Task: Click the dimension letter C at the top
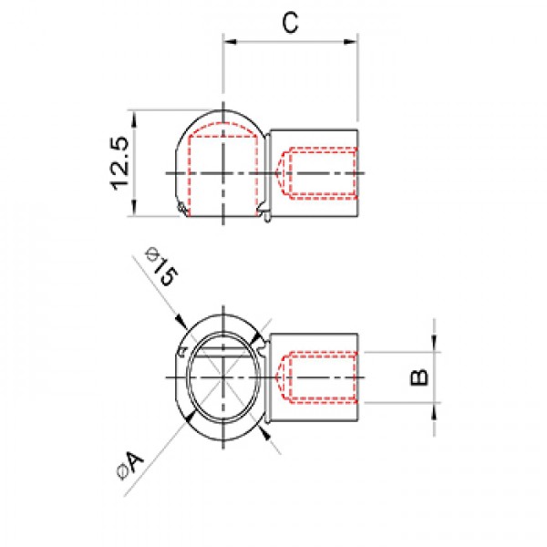(x=290, y=23)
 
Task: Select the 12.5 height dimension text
(x=119, y=163)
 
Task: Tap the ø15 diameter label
(x=162, y=266)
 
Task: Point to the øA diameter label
(x=130, y=465)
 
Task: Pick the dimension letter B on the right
(x=419, y=377)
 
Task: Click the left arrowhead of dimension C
(x=230, y=42)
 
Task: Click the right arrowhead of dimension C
(x=351, y=42)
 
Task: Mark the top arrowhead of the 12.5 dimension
(x=134, y=118)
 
